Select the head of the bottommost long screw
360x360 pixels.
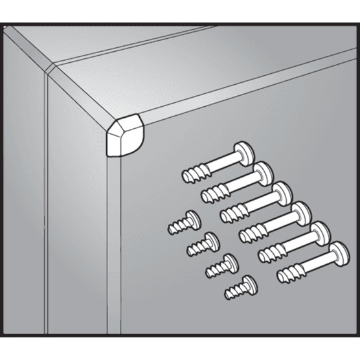pyautogui.click(x=341, y=253)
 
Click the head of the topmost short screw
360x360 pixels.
pyautogui.click(x=190, y=218)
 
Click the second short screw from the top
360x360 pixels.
pyautogui.click(x=200, y=244)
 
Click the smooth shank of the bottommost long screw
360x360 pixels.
pyautogui.click(x=317, y=264)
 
